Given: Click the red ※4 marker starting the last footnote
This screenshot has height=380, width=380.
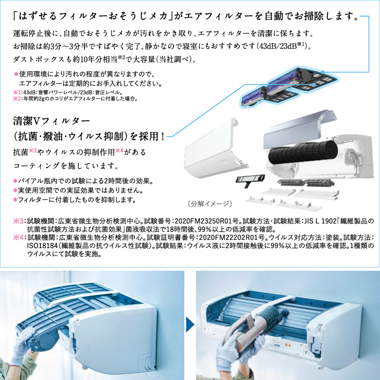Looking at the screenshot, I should (x=18, y=237).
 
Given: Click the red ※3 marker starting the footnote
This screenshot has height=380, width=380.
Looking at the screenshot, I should (x=18, y=221).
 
